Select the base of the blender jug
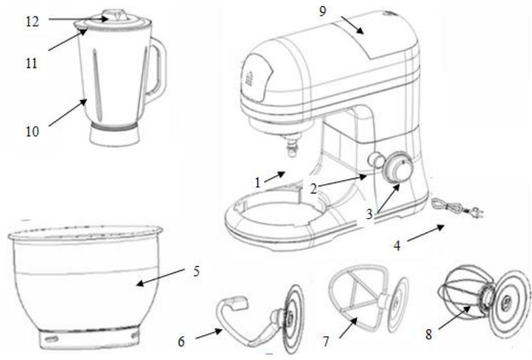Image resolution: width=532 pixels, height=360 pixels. coord(116,136)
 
